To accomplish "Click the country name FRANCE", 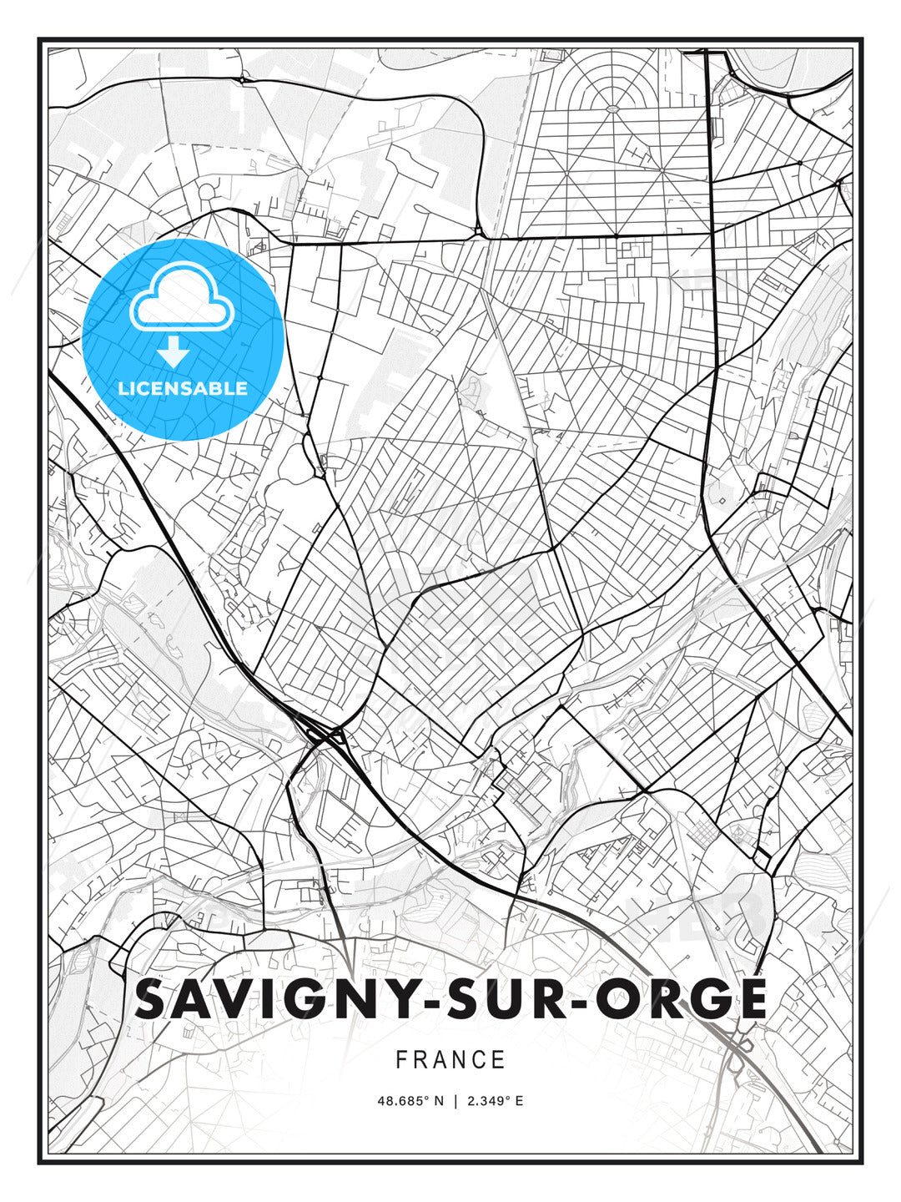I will pos(450,1060).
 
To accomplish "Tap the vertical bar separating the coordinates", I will pos(455,1101).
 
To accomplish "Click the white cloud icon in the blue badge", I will pos(182,298).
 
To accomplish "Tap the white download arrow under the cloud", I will pos(174,352).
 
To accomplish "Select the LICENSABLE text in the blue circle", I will pos(183,389).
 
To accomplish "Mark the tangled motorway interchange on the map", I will pos(321,735).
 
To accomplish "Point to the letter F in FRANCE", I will pos(401,1060).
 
